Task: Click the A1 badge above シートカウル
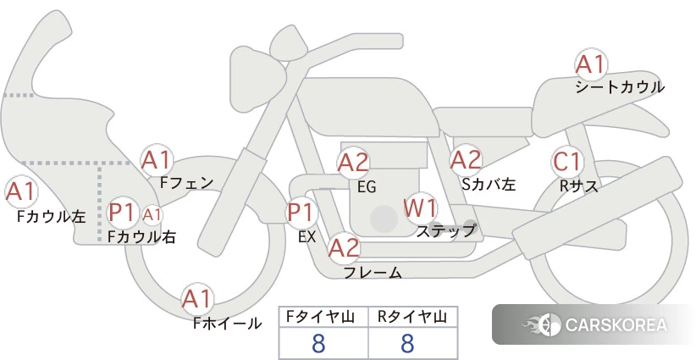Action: (591, 65)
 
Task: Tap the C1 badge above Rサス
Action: (567, 162)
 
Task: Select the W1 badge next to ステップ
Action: (420, 208)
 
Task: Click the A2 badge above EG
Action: (353, 163)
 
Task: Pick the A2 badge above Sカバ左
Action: (466, 160)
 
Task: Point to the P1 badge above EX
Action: (301, 213)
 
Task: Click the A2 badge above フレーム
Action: (344, 247)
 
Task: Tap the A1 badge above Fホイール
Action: (197, 300)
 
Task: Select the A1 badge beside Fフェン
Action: (157, 161)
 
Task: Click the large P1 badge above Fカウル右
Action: (123, 213)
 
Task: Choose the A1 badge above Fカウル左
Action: (21, 192)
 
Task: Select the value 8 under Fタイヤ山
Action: (318, 343)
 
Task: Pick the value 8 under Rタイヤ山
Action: (407, 343)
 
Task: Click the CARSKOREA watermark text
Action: (616, 324)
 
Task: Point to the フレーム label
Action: (373, 272)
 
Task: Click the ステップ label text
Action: (446, 231)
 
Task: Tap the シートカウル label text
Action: (620, 87)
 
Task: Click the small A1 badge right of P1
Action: (152, 215)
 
